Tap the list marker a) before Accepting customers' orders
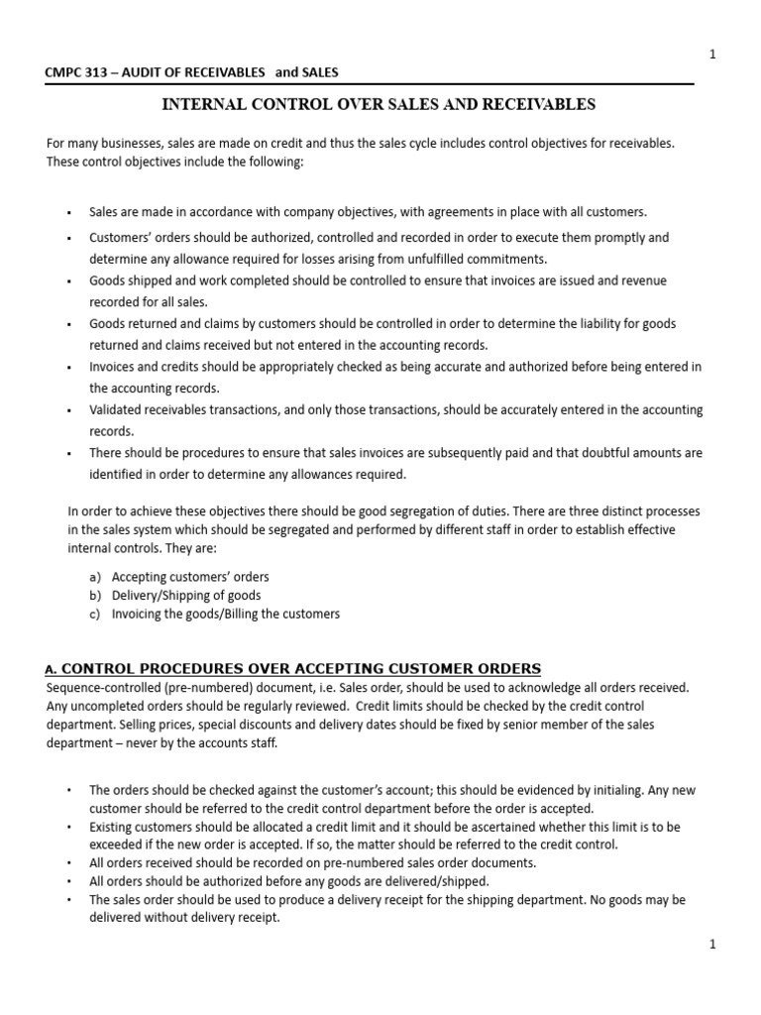(x=94, y=576)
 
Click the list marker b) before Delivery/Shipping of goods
(x=94, y=595)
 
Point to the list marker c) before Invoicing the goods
(x=94, y=614)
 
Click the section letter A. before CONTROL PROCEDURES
(x=53, y=669)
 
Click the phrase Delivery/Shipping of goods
(x=186, y=595)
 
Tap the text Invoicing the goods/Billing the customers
(x=225, y=614)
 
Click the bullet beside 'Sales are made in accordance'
(x=69, y=213)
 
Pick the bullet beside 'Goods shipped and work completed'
(x=69, y=282)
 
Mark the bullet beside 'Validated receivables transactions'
(x=69, y=410)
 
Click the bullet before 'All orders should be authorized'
(x=69, y=881)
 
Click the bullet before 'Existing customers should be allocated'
(x=69, y=827)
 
